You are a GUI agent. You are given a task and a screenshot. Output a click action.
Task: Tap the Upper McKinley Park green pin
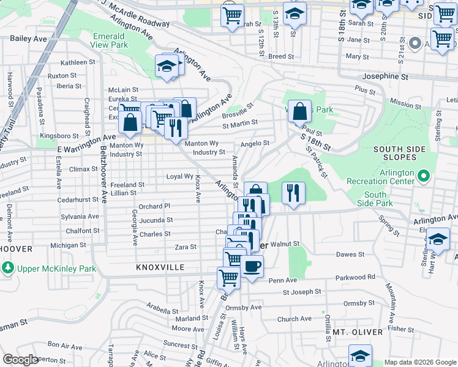7,268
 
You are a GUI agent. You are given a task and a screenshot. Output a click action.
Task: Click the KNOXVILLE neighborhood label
161,268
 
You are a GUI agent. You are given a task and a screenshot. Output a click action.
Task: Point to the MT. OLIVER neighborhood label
358,332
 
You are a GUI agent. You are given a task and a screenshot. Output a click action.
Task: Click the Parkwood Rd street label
355,277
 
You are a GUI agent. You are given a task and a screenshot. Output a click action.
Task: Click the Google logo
20,360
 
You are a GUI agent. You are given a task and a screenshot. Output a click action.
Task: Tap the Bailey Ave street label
29,38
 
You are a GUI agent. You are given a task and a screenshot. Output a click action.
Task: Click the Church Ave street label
295,319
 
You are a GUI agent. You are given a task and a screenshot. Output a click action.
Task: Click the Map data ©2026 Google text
419,361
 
